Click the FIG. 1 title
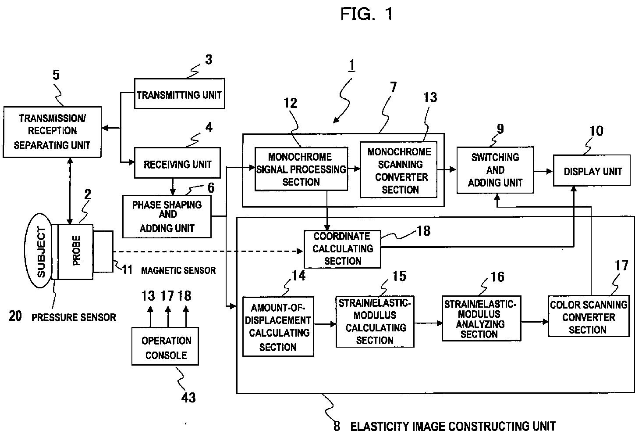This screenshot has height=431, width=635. coord(366,14)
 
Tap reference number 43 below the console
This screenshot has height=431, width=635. coord(188,398)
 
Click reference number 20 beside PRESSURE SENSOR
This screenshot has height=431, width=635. coord(15,316)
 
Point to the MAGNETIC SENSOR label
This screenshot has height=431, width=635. coord(178,270)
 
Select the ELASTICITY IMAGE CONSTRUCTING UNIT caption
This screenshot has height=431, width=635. coord(453,426)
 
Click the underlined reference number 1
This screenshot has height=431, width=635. coord(351,65)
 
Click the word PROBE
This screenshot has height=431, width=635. coord(76,251)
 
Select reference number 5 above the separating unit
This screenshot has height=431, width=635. coord(56,75)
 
